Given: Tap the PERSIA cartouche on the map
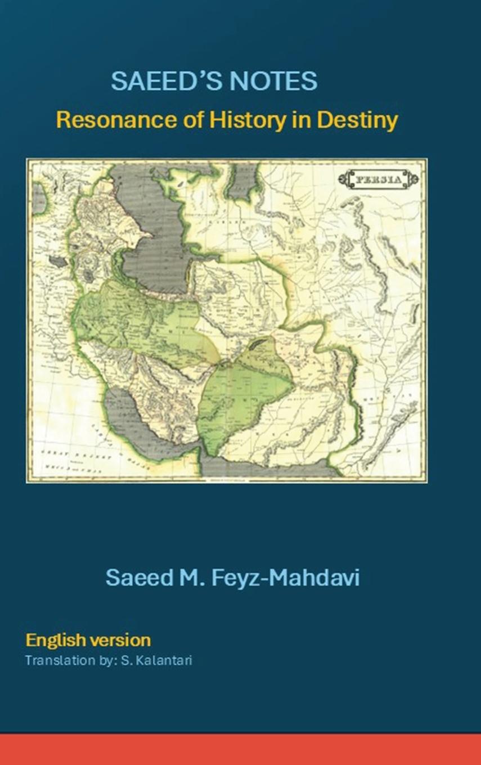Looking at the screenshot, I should pos(377,179).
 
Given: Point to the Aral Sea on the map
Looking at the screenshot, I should pos(243,183).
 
